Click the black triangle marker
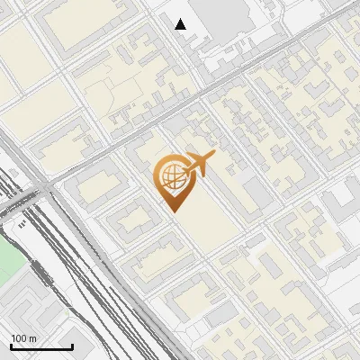(181, 24)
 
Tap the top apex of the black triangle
(181, 19)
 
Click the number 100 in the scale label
(19, 338)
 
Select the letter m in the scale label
(32, 338)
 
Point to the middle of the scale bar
(41, 346)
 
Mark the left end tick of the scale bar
(11, 346)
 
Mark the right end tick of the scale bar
(72, 346)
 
